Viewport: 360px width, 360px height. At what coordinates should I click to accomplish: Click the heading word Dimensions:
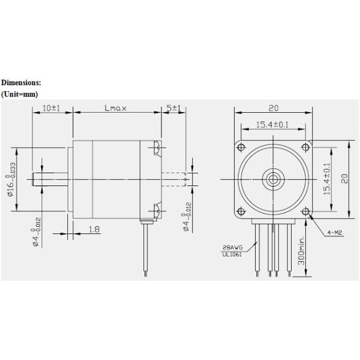[21, 82]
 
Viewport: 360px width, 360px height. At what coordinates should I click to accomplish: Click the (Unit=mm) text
[19, 94]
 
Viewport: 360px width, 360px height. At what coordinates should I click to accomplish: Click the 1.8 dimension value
[94, 230]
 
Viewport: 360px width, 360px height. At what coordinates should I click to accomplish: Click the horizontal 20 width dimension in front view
[273, 108]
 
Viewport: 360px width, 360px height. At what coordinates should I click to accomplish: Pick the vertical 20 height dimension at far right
[344, 178]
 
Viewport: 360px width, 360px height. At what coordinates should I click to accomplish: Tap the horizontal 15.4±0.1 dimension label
[273, 124]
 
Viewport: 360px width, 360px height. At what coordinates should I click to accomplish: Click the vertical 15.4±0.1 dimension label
[328, 178]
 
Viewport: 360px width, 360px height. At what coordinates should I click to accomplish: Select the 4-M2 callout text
[336, 231]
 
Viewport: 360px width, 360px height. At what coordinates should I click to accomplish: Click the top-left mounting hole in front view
[241, 146]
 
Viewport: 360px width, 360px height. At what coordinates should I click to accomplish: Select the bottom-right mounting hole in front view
[305, 211]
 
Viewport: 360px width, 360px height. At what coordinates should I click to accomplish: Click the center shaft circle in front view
[274, 179]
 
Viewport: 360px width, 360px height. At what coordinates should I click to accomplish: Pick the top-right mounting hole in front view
[305, 146]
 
